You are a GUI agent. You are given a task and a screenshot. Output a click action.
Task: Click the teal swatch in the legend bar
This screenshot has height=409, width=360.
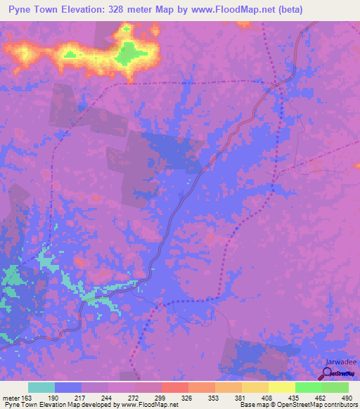[x=41, y=387]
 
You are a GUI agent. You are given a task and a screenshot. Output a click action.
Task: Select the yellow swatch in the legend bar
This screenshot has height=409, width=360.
[x=282, y=387]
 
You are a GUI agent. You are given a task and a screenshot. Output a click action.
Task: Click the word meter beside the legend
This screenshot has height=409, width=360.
[x=9, y=398]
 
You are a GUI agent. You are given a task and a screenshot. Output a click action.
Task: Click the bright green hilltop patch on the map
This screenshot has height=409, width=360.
[x=129, y=52]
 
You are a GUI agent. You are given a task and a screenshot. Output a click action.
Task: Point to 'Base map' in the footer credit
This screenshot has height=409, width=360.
[x=255, y=405]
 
